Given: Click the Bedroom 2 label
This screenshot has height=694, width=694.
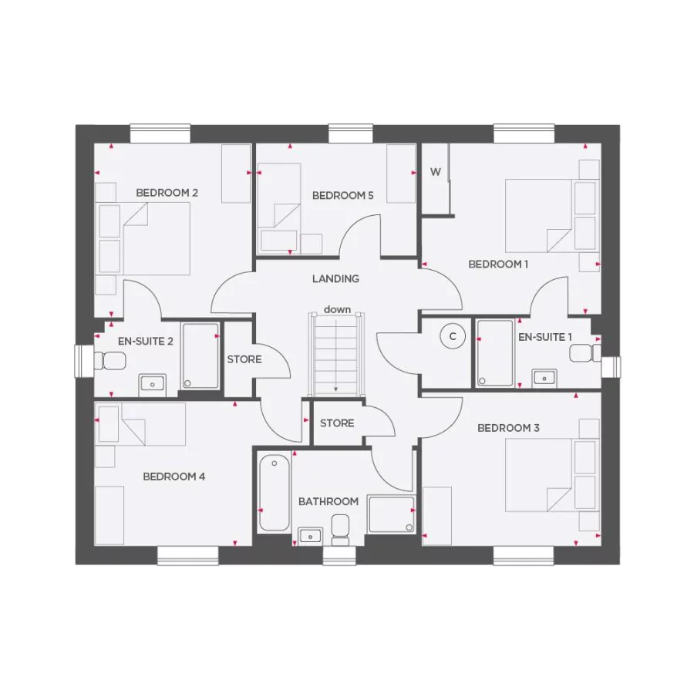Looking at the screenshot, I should pos(167,193).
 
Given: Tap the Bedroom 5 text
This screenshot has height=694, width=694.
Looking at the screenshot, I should pos(342,196).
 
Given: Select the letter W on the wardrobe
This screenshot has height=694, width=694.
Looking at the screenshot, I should pos(436,172).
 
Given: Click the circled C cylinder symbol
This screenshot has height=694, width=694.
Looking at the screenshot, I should pos(453,336).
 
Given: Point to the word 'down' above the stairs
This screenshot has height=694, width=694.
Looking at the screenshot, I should pos(337,309).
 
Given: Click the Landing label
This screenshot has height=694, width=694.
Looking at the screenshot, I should pos(335,278).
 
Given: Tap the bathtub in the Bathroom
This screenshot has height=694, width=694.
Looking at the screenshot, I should pos(275,494).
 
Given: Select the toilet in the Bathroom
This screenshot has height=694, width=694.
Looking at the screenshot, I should pos(339,528).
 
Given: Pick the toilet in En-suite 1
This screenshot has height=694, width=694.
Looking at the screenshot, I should pos(585,353).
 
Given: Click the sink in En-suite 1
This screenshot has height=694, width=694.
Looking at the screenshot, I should pos(544,377).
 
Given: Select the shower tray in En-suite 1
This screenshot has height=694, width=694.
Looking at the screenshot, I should pos(494,352).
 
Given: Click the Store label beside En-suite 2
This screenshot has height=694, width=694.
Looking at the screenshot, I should pos(244,359).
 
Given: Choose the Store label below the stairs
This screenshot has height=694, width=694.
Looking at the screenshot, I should pos(337,423).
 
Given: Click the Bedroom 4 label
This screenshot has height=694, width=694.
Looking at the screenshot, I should pos(173,477).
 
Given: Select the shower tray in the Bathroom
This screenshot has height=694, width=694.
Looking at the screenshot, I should pos(392,514).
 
